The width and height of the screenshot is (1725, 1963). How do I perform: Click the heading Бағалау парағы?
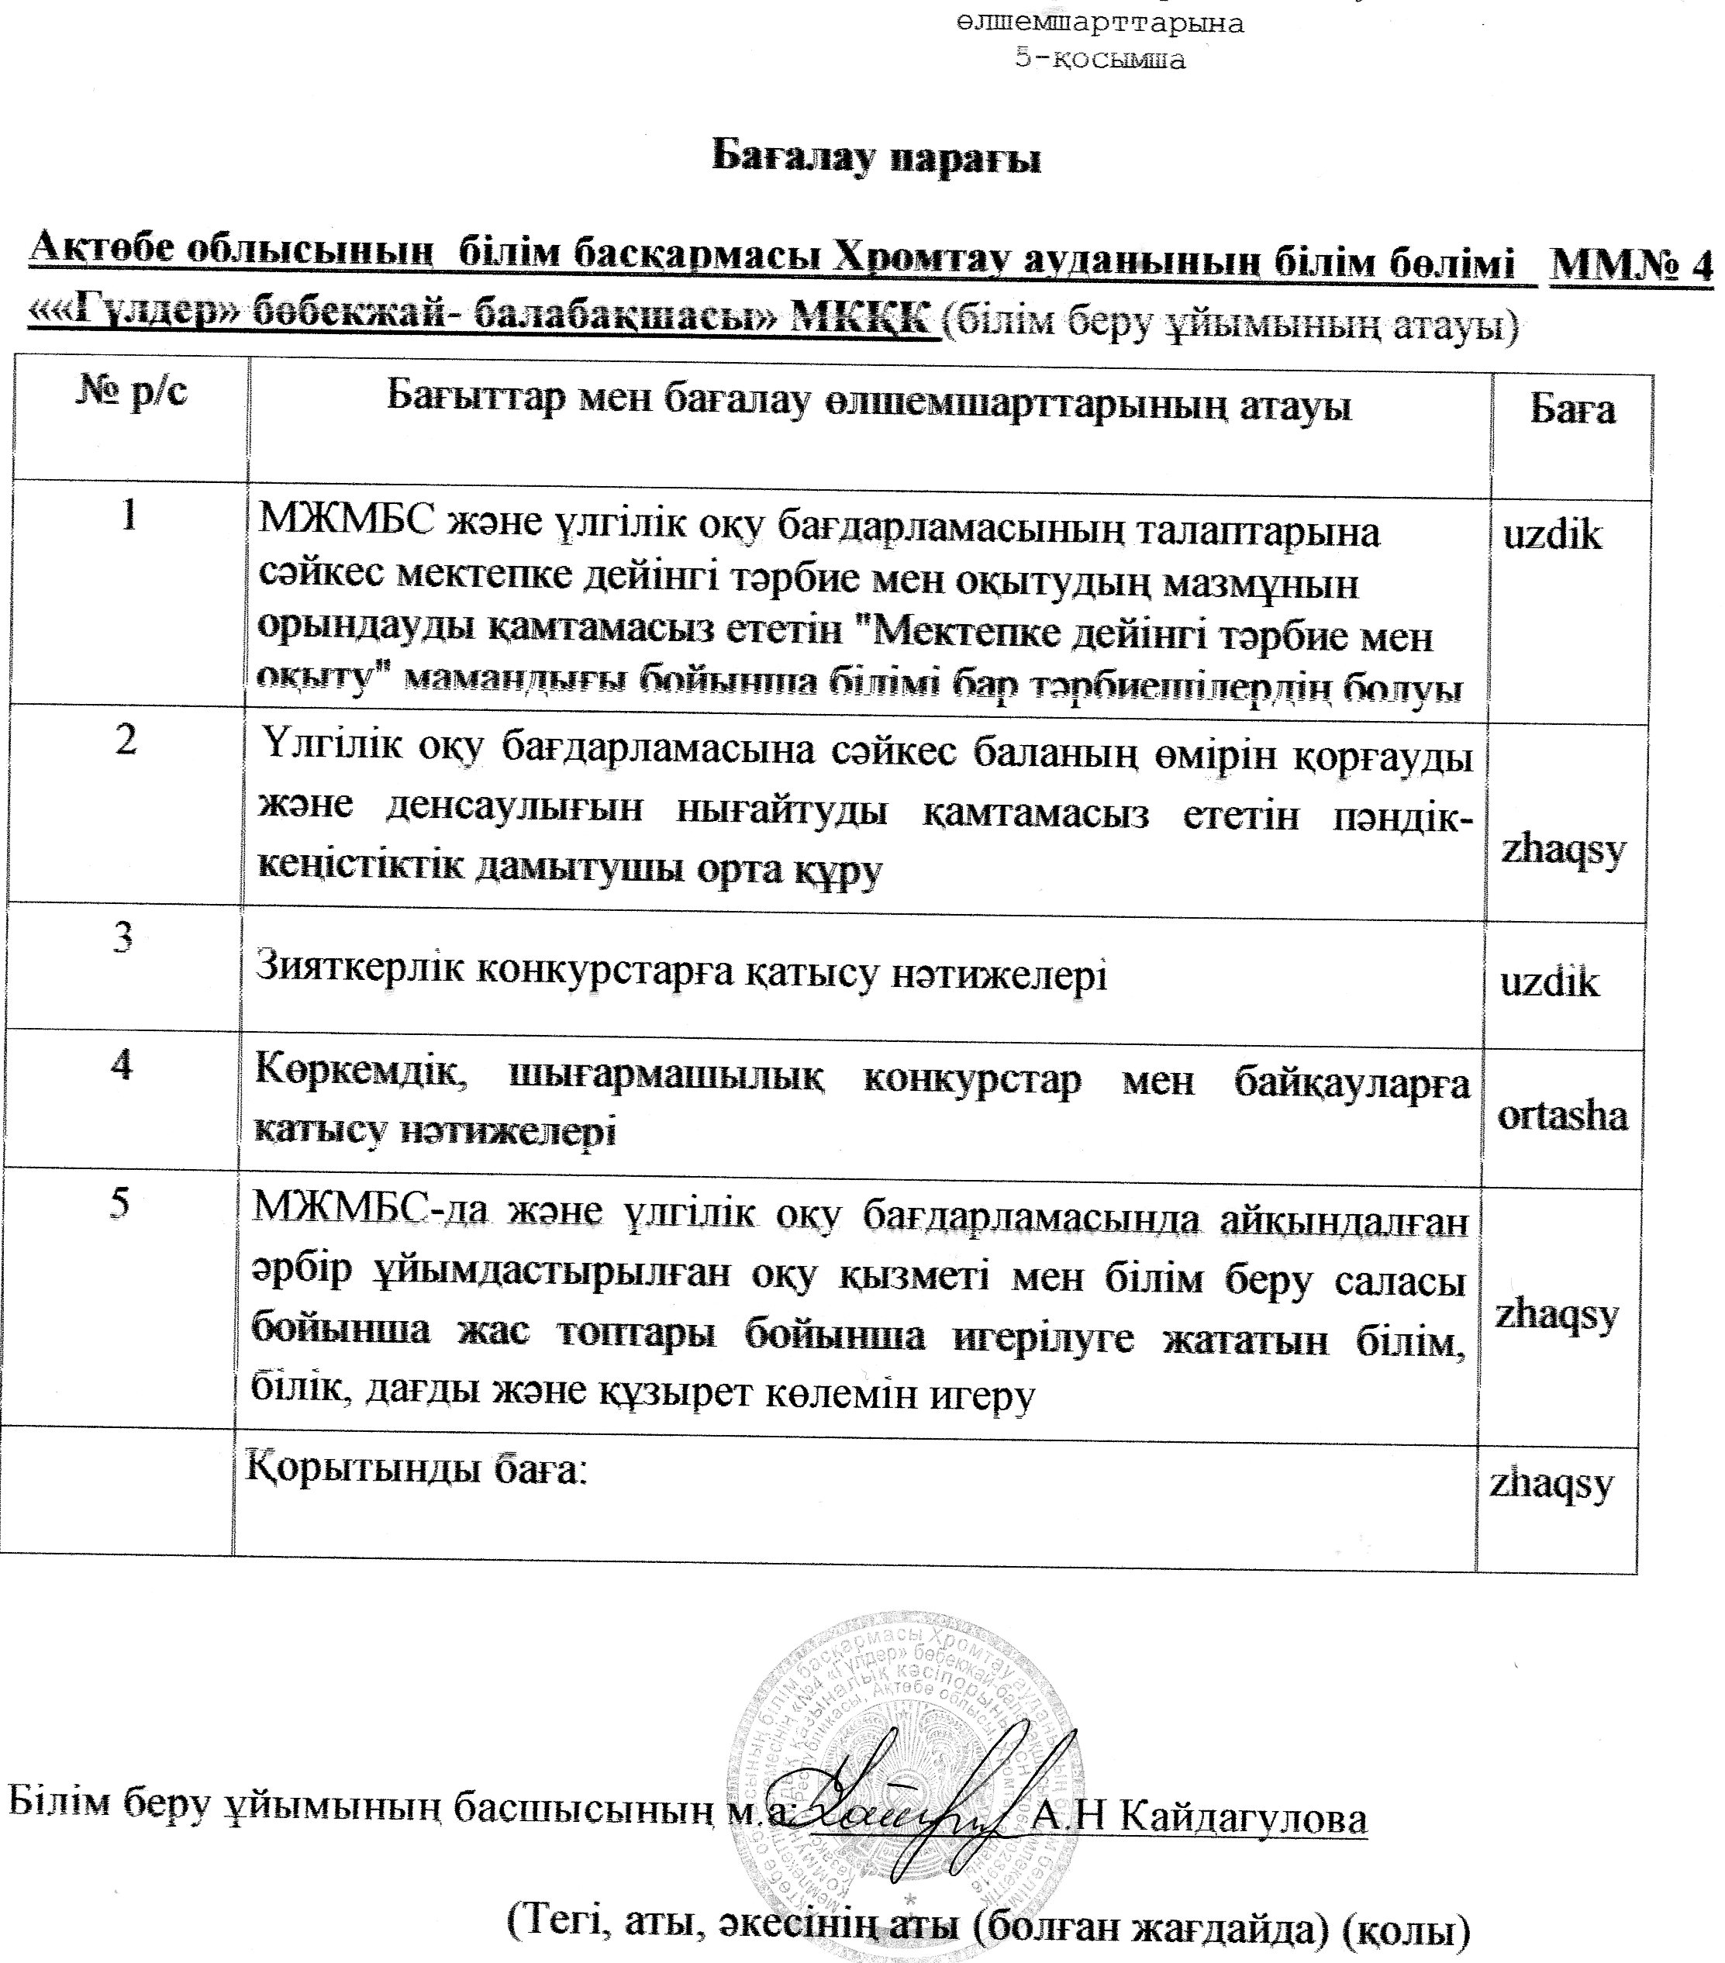(x=875, y=157)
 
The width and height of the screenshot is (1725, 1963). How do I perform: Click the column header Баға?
(x=1571, y=409)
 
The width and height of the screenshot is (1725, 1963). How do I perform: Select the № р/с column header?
(x=130, y=391)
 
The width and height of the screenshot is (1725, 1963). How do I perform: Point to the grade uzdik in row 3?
(x=1549, y=982)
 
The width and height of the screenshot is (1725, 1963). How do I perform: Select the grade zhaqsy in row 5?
(x=1556, y=1314)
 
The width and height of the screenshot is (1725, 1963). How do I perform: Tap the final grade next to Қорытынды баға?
(x=1551, y=1484)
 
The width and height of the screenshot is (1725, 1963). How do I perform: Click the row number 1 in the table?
(x=129, y=516)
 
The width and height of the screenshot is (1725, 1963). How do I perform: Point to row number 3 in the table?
(x=123, y=937)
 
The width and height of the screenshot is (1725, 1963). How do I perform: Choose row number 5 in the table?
(x=119, y=1202)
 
